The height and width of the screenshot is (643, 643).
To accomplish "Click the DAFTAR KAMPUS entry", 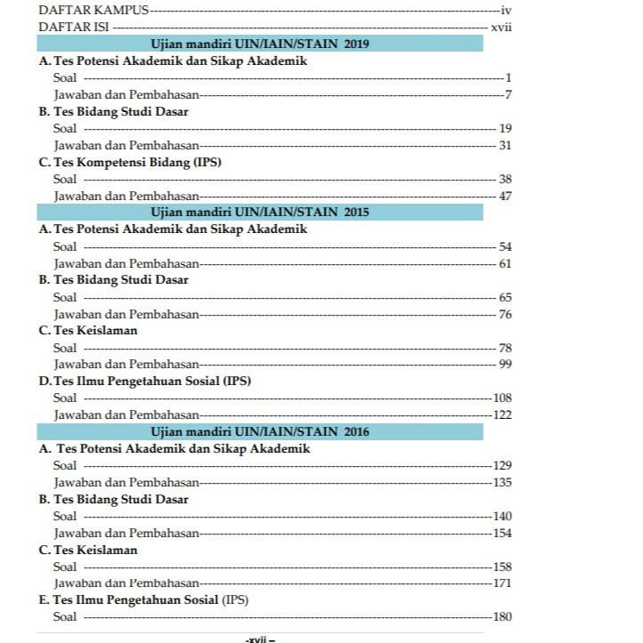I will coord(93,11).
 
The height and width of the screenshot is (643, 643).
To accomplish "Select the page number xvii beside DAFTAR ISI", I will coord(501,27).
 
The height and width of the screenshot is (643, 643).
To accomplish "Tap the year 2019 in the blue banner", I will coord(356,44).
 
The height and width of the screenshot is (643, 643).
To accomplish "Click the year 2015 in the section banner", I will coord(356,212).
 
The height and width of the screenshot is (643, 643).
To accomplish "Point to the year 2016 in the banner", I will coord(356,431).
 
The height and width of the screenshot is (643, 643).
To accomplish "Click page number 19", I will coord(505,128).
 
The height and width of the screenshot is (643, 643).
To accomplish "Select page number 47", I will coord(505,196).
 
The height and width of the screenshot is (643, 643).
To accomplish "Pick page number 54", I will coord(505,246).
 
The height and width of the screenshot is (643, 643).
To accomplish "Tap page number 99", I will coord(505,365).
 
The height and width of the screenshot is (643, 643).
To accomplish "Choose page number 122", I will coord(502,414).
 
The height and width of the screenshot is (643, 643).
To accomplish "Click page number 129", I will coord(502,465).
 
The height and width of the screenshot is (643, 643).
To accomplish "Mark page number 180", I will coord(502,617).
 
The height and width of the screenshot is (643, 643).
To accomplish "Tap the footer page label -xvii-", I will coord(260,638).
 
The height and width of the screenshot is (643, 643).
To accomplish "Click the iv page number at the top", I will coord(507,11).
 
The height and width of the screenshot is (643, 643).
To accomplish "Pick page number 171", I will coord(502,583).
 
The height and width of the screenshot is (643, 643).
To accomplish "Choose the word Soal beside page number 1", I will coord(65,78).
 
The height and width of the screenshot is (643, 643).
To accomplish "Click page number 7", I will coord(508,94).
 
